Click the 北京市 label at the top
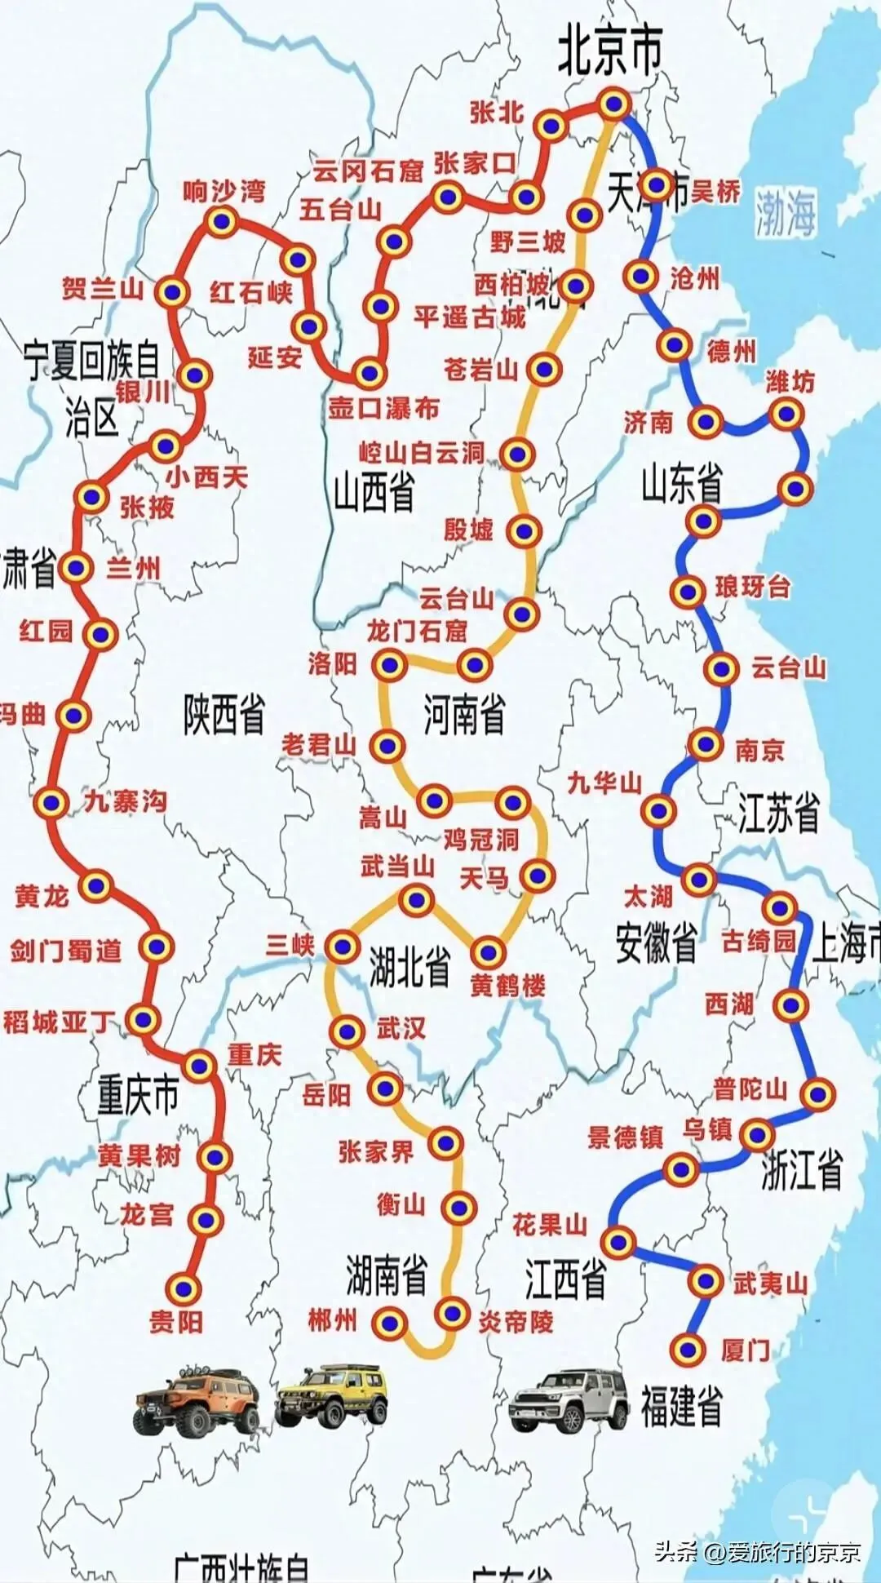[609, 51]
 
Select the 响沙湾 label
[224, 192]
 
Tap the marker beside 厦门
[688, 1349]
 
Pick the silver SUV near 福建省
[569, 1400]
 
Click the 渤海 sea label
[785, 213]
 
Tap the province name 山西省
[374, 491]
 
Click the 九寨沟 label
[126, 801]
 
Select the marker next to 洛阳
[390, 665]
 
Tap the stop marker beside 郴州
[390, 1322]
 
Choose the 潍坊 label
[790, 381]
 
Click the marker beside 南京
[705, 743]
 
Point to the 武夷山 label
[770, 1283]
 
